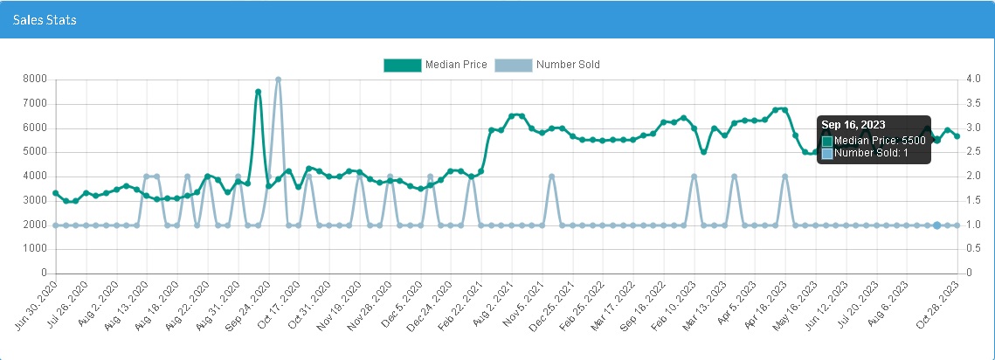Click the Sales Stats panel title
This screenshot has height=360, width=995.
tap(45, 19)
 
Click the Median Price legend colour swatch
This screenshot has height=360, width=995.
tap(402, 65)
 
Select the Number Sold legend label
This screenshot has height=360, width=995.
tap(568, 65)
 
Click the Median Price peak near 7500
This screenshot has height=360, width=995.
tap(259, 91)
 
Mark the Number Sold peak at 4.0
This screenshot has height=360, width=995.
tap(278, 80)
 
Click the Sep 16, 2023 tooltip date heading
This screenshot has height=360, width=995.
tap(853, 125)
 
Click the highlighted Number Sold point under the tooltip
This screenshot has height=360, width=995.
tap(936, 225)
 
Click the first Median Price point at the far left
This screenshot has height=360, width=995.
tap(55, 192)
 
